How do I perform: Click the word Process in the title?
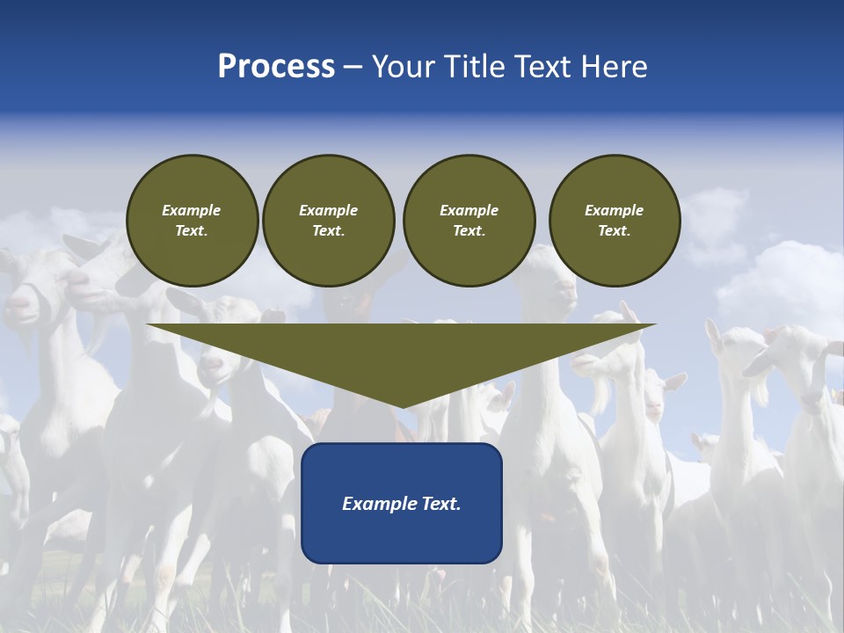(x=276, y=67)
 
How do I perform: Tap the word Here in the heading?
(x=615, y=67)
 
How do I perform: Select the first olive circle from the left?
(x=192, y=221)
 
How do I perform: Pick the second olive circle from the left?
(x=328, y=221)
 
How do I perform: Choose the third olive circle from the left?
(x=469, y=221)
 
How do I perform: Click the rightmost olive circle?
(x=614, y=221)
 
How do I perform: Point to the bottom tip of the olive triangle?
(x=402, y=407)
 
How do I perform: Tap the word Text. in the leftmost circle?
(x=192, y=231)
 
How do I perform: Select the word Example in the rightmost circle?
(x=614, y=210)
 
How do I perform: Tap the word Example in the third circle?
(x=469, y=210)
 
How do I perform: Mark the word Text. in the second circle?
(x=328, y=231)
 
